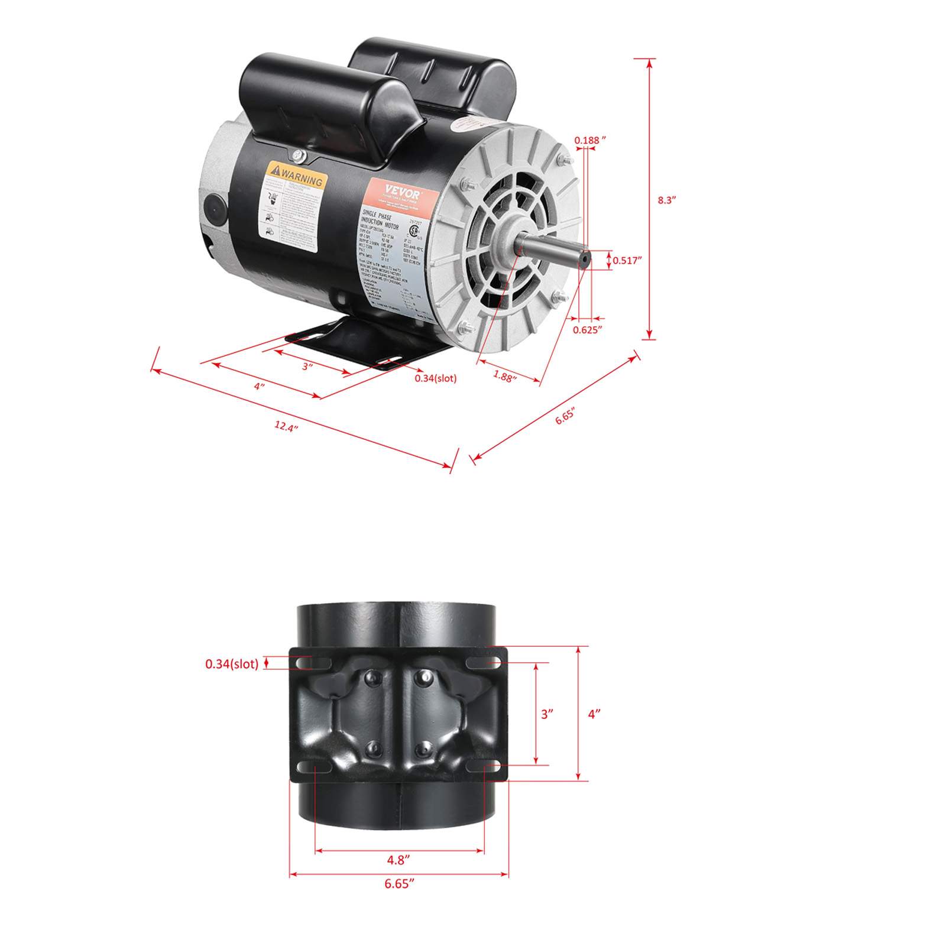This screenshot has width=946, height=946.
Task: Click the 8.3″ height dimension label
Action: tap(666, 200)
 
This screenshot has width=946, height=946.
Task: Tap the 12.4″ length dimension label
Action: tap(286, 426)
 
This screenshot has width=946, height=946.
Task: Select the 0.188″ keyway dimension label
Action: tap(590, 140)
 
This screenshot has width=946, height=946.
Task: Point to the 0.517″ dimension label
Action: tap(627, 260)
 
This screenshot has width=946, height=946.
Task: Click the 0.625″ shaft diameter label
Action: tap(587, 330)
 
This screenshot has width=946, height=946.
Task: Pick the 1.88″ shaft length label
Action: tap(504, 377)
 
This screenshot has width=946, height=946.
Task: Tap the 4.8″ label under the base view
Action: tap(399, 860)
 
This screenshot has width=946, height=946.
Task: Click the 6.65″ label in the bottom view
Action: tap(399, 883)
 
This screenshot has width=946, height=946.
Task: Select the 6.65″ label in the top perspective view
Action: tap(565, 416)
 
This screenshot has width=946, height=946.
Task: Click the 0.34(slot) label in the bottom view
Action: tap(232, 664)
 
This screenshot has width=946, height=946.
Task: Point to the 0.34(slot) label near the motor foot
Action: tap(435, 378)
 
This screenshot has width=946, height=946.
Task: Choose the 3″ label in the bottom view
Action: tap(547, 714)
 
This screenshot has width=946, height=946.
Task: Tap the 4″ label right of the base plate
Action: tap(594, 714)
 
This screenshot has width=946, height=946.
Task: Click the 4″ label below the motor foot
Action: tap(259, 386)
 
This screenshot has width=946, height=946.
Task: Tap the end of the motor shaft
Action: tap(584, 258)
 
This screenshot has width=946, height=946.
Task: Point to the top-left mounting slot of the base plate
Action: tap(313, 662)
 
